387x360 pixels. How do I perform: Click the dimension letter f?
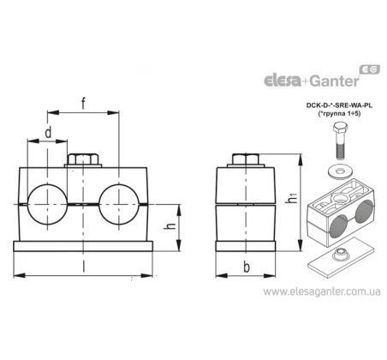(83, 103)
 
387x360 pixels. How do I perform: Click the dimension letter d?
(49, 132)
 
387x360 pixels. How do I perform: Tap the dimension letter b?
(247, 267)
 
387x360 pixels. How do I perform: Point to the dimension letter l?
(83, 267)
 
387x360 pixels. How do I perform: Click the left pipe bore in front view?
(47, 205)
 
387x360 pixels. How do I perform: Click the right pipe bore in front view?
(119, 205)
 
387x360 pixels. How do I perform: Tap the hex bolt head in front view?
(83, 159)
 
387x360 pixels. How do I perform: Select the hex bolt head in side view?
(246, 159)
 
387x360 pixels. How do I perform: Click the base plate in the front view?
(83, 246)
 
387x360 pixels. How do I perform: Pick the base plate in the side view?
(246, 246)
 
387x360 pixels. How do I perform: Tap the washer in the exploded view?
(340, 171)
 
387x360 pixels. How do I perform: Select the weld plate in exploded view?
(341, 257)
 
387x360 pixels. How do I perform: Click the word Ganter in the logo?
(334, 81)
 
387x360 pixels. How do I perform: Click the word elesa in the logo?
(282, 81)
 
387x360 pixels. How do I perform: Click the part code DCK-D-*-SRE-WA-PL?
(339, 105)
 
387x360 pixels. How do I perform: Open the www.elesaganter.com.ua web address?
(322, 292)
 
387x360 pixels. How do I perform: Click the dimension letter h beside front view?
(170, 226)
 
